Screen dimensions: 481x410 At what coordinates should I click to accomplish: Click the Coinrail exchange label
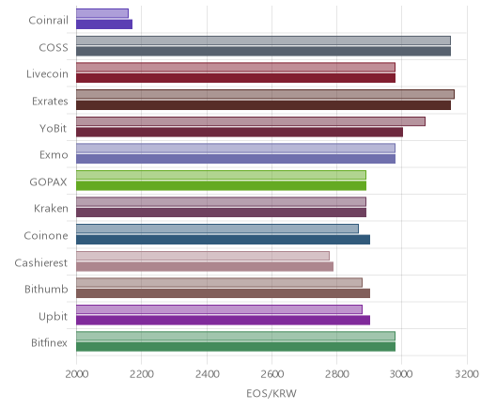click(x=48, y=21)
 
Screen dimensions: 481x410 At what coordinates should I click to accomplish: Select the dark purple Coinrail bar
click(x=104, y=24)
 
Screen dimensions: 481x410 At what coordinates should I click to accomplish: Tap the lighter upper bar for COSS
click(x=263, y=40)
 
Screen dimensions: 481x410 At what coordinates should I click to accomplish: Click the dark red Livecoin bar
click(x=236, y=78)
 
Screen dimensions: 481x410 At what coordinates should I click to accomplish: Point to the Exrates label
click(x=50, y=102)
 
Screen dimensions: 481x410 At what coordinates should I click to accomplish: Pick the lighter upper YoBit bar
click(x=251, y=121)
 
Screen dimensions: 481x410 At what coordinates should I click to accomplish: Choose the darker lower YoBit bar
click(x=240, y=132)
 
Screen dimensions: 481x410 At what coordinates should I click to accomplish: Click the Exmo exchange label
click(x=54, y=155)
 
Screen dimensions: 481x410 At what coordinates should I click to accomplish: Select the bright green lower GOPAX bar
click(x=221, y=186)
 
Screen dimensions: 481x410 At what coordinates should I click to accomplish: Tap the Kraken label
click(x=51, y=209)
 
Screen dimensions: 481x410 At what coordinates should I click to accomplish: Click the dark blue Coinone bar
click(x=223, y=240)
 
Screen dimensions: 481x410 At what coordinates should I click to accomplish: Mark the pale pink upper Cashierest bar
click(x=203, y=256)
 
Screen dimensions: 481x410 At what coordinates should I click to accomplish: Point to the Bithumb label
click(x=46, y=289)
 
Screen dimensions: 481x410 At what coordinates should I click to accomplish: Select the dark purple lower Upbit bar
click(x=223, y=321)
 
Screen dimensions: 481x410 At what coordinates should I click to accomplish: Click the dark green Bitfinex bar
click(x=236, y=347)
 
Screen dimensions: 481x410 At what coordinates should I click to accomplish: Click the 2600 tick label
click(x=272, y=374)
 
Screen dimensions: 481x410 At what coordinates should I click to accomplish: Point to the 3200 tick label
click(x=467, y=374)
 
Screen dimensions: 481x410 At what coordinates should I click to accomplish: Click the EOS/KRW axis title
click(x=272, y=393)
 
